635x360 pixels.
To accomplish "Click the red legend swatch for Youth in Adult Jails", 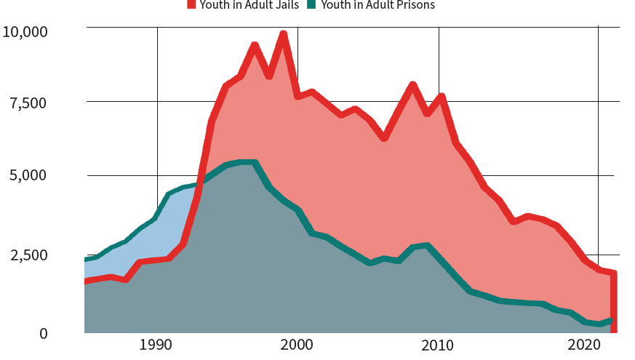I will (x=191, y=4).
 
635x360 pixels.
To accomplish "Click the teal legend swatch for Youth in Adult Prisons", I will (x=311, y=4).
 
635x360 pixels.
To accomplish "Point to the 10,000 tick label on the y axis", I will (x=25, y=32).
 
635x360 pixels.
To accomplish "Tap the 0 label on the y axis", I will (x=43, y=334).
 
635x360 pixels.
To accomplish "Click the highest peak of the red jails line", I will (x=284, y=33).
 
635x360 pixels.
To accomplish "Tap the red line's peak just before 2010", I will (x=412, y=85).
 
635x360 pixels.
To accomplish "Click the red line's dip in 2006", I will (x=384, y=137).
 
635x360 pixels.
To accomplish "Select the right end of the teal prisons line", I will (x=612, y=320).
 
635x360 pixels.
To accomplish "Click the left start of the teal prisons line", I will (x=86, y=260).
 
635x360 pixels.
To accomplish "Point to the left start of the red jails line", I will (x=86, y=281).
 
